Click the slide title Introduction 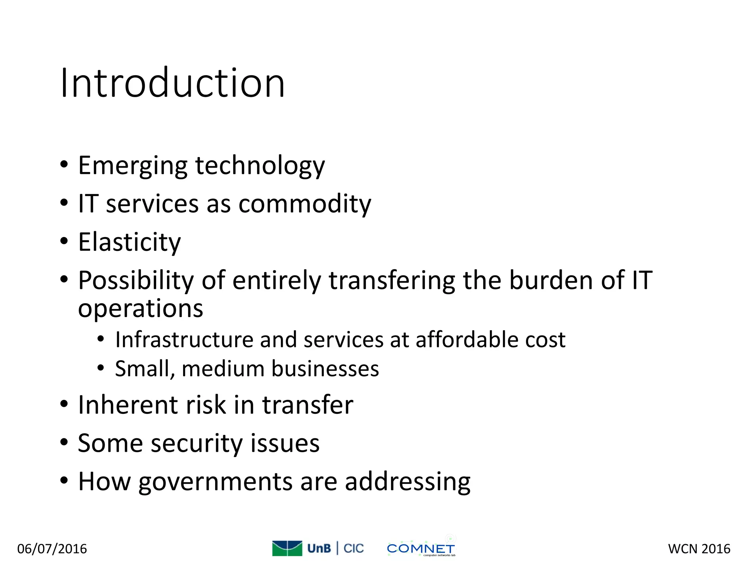tap(172, 83)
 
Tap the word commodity tap(305, 204)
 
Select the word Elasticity tap(129, 242)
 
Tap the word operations tap(140, 309)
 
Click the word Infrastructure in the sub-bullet tap(184, 340)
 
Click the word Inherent tap(128, 405)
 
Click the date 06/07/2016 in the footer tap(52, 549)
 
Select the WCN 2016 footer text tap(699, 549)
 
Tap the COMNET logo tap(421, 548)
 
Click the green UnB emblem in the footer tap(287, 548)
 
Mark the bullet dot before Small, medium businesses tap(101, 368)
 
